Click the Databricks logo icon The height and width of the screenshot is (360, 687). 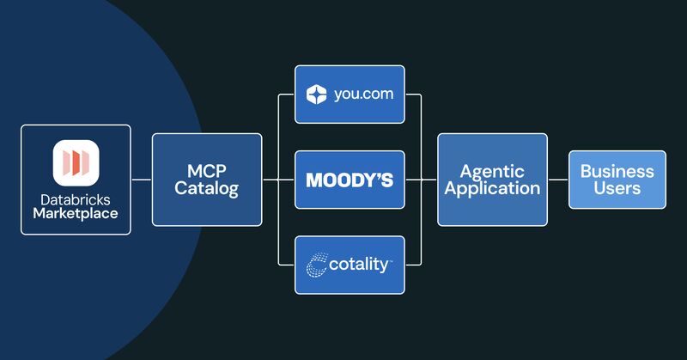tap(76, 162)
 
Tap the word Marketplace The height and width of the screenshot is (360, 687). tap(76, 214)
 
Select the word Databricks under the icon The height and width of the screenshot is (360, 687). tap(76, 200)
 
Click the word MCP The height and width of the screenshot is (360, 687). tap(207, 171)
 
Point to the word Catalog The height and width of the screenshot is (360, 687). tap(207, 188)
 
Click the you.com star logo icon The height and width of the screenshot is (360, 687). tap(316, 95)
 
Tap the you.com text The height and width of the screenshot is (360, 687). tap(363, 95)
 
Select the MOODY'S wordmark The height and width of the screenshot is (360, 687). tap(350, 180)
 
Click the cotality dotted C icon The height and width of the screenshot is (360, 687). tap(316, 265)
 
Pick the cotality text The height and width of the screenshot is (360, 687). tap(359, 265)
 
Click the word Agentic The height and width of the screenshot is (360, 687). tap(492, 172)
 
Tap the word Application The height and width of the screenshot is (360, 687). tap(492, 188)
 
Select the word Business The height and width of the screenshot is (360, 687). tap(617, 172)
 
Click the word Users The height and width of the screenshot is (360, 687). tap(617, 188)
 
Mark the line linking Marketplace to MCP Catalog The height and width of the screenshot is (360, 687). tap(142, 180)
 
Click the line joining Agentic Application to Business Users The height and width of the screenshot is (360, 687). tap(558, 180)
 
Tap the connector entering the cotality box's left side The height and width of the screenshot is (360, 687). tap(278, 223)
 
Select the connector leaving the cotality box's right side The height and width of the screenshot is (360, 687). tap(421, 223)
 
